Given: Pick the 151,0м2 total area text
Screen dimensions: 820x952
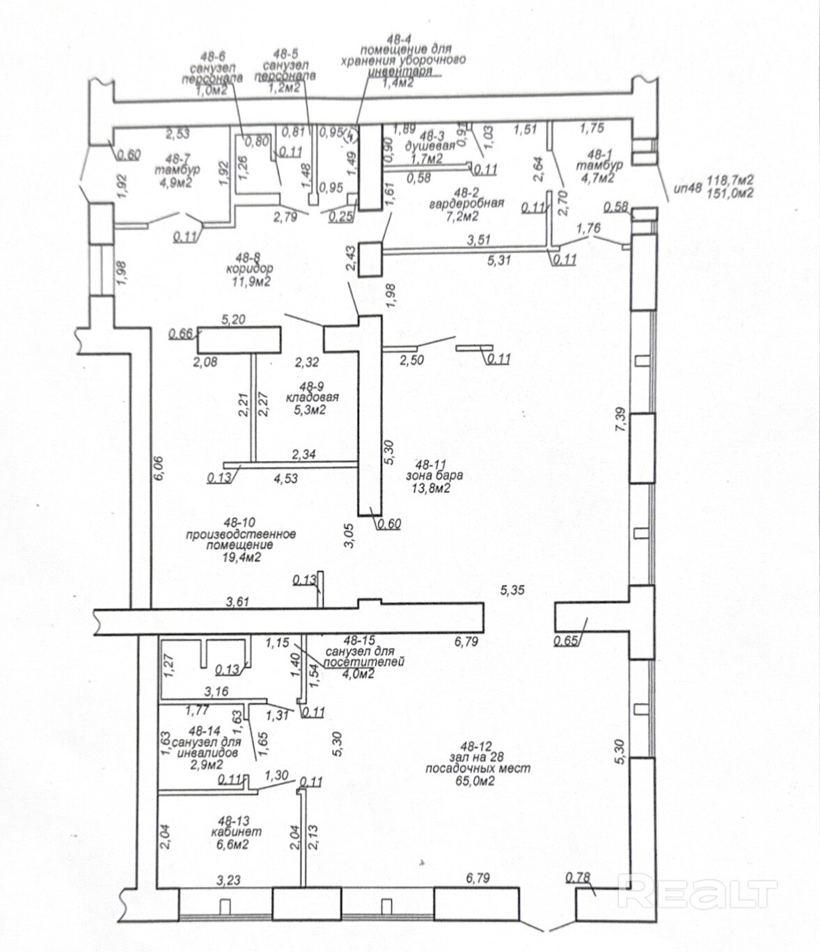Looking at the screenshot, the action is coord(730,194).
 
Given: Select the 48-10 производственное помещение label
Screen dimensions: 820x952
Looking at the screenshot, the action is coord(241,533).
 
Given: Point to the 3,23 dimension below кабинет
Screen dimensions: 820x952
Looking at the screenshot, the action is coord(228,880).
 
